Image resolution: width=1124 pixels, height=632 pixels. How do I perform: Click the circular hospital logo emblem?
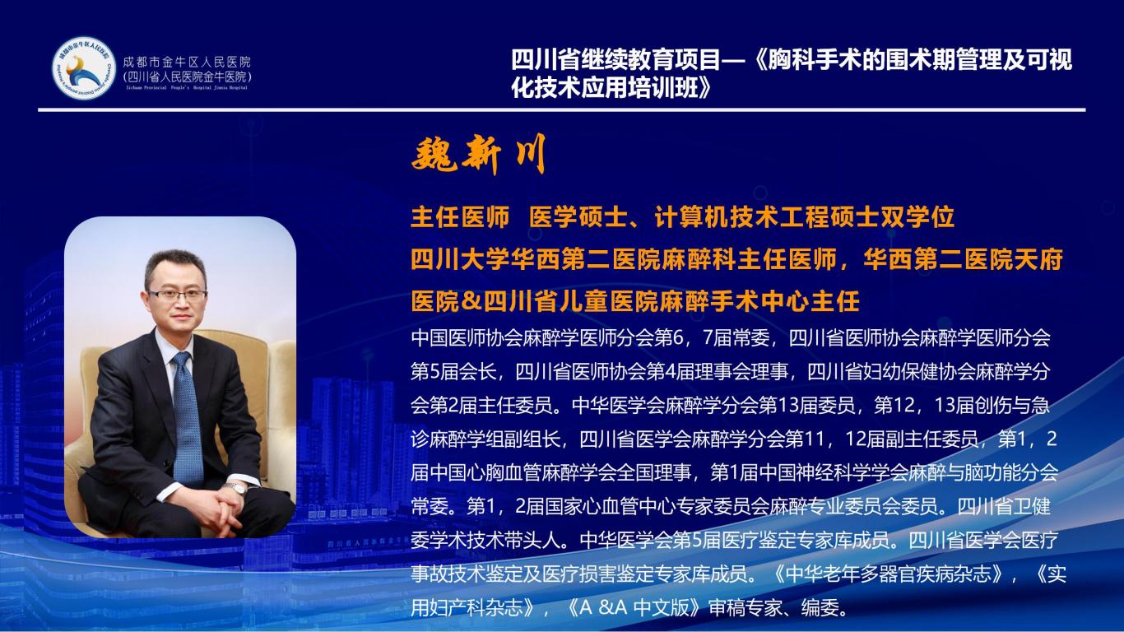[x=84, y=67]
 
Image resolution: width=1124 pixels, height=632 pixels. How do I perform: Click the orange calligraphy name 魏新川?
[x=478, y=154]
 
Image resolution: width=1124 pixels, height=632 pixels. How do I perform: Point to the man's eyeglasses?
[x=178, y=295]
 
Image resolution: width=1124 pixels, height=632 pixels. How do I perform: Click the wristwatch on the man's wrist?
[x=235, y=488]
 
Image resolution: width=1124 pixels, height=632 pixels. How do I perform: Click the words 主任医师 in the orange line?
[x=460, y=217]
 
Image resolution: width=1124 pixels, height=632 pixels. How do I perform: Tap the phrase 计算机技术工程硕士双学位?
[x=805, y=217]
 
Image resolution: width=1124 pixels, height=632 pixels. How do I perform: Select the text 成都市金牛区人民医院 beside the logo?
[x=187, y=63]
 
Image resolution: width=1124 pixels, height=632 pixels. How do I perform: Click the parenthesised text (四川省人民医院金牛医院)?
[x=187, y=77]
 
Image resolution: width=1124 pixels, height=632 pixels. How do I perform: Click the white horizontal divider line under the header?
[x=562, y=110]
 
